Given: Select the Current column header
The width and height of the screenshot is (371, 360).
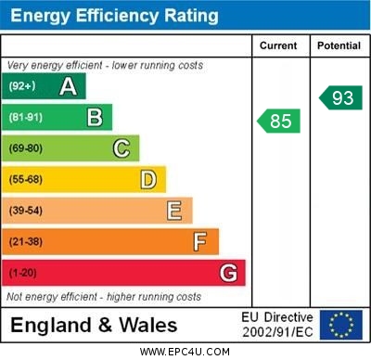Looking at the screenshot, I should coord(278,45).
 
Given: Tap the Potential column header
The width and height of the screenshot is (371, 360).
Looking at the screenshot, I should coord(339,45).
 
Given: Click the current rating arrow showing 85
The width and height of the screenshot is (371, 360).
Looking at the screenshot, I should coord(278,121).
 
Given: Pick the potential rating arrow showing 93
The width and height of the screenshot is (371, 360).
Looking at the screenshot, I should coord(339,97).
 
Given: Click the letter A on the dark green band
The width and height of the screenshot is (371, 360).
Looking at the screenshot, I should coord(68,86).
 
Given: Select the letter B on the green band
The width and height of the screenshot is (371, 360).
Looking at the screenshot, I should coord(95,118).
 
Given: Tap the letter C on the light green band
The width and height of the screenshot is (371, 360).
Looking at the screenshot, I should coord(121,148).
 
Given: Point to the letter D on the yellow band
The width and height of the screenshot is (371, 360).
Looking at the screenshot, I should coord(147,179).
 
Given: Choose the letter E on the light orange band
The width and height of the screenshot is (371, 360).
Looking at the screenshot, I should coord(173,211).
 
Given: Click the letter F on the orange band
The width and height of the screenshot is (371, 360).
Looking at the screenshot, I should coord(200,241).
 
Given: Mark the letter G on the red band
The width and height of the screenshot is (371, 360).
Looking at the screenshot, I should coord(227,273).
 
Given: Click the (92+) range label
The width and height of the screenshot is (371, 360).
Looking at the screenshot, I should coord(22,87).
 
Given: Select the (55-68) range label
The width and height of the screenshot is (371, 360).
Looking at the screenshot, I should coord(27,180).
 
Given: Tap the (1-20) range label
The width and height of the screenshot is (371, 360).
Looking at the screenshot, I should coord(24,274).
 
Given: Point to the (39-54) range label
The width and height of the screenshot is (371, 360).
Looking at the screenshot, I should coord(27,211).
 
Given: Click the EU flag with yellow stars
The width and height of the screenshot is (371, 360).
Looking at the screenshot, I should coord(340,325).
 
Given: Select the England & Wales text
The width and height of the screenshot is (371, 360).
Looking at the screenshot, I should coord(95,325).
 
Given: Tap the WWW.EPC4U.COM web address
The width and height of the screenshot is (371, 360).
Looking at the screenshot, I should coord(185,352).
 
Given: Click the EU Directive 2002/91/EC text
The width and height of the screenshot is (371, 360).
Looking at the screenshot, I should coord(277,325).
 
